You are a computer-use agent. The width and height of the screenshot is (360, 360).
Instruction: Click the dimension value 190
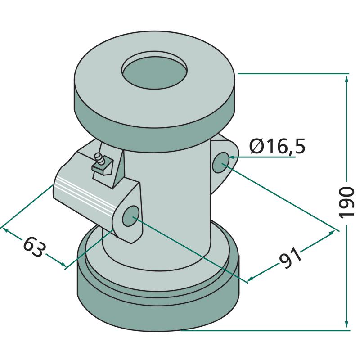point(346,202)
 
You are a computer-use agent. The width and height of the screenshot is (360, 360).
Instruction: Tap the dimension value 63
point(34,247)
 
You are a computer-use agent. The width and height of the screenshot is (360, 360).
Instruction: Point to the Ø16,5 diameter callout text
point(278,146)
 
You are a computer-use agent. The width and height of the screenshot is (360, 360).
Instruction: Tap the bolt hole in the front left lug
point(131,216)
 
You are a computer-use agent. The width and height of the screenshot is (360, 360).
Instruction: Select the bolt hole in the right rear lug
point(220,162)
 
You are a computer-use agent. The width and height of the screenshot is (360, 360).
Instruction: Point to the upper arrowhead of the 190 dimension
point(346,80)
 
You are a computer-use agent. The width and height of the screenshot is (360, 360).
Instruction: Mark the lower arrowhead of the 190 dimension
point(346,324)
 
